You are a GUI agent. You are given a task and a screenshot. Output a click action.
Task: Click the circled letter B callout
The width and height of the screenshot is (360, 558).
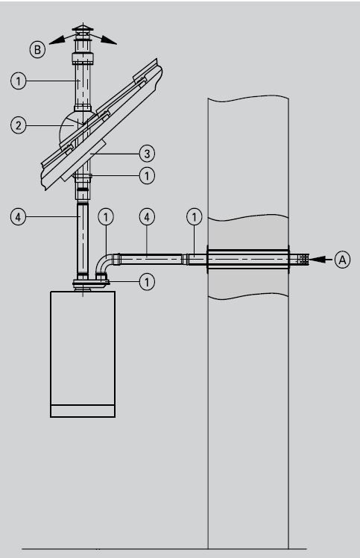click(x=37, y=49)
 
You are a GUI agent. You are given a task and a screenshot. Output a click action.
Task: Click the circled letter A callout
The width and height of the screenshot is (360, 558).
click(x=342, y=260)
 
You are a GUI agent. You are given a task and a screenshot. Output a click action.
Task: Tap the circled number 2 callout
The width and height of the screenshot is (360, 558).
click(x=18, y=125)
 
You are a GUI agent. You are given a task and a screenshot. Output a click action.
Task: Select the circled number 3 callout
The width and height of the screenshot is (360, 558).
click(x=147, y=154)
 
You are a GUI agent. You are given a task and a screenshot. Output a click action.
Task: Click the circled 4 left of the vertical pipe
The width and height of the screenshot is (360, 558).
click(x=18, y=217)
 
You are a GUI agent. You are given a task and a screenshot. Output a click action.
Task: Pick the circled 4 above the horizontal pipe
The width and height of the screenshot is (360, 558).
click(x=147, y=217)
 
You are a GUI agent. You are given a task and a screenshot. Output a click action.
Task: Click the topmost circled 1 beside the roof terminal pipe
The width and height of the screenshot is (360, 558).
click(x=18, y=81)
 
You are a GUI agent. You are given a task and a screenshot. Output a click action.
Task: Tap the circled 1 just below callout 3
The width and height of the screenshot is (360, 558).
click(x=147, y=176)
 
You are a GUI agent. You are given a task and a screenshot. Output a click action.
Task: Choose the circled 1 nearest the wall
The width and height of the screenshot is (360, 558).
click(x=195, y=217)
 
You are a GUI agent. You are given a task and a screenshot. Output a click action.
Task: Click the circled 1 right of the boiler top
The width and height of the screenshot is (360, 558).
click(x=147, y=282)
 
